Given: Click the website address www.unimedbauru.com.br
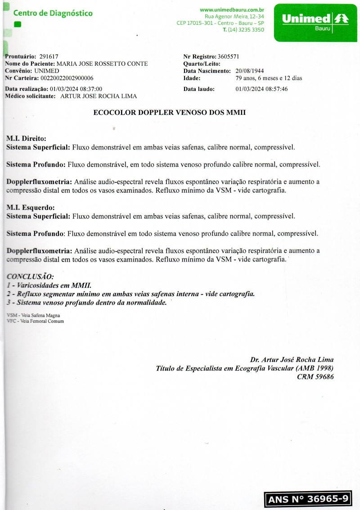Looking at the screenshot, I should click(232, 10).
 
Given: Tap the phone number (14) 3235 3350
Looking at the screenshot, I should click(246, 30).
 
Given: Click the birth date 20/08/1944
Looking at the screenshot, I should click(249, 71).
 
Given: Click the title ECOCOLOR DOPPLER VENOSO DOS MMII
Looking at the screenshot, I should click(169, 113).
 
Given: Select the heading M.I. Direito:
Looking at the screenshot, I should click(27, 139).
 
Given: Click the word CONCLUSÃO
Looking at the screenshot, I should click(30, 276).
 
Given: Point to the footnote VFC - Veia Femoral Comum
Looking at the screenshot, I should click(36, 321).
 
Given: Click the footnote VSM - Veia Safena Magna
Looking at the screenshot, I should click(34, 316).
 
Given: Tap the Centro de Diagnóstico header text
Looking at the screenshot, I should click(53, 13).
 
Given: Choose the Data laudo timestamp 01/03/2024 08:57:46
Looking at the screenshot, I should click(261, 89).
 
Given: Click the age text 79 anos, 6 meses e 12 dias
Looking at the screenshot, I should click(269, 78).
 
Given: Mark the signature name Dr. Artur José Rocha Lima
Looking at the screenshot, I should click(292, 359).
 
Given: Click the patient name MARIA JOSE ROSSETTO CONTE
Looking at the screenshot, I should click(102, 64).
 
